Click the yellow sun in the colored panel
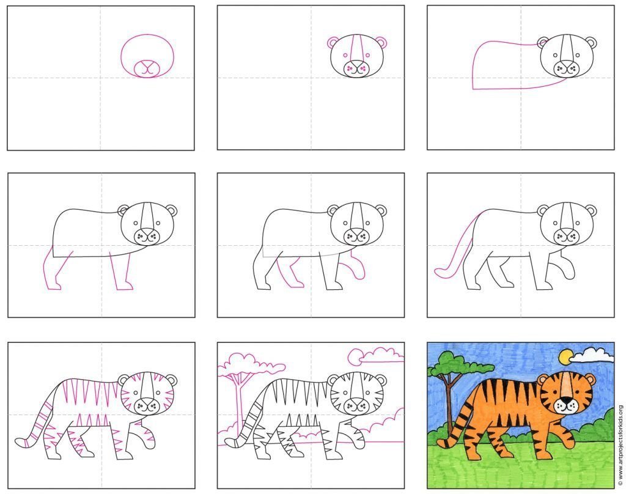pyautogui.click(x=565, y=356)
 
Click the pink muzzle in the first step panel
pyautogui.click(x=147, y=68)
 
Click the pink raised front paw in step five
pyautogui.click(x=358, y=265)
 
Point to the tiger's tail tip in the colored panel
pyautogui.click(x=443, y=443)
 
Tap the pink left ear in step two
pyautogui.click(x=333, y=42)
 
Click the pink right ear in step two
pyautogui.click(x=381, y=42)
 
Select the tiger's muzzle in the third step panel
pyautogui.click(x=567, y=68)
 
